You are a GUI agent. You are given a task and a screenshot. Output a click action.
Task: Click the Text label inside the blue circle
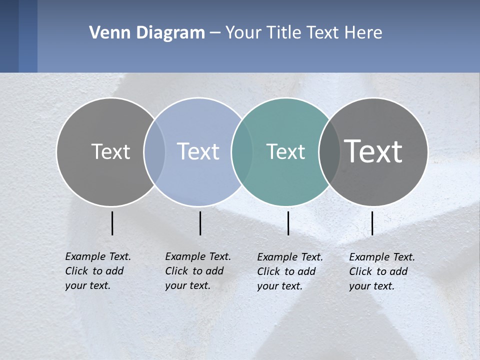[198, 151]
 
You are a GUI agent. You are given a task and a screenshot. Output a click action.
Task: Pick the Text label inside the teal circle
[285, 151]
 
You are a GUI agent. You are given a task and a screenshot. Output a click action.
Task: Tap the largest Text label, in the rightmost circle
[373, 151]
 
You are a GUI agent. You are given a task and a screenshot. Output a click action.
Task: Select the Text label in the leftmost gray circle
[110, 151]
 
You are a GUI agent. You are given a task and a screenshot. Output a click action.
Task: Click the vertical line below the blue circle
[200, 223]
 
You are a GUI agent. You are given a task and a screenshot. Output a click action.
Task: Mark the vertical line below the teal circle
[288, 223]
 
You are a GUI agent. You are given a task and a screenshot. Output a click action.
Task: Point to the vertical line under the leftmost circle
[112, 223]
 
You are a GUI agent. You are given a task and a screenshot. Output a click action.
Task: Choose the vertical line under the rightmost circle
[372, 223]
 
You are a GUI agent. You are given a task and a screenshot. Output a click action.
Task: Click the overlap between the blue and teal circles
[242, 151]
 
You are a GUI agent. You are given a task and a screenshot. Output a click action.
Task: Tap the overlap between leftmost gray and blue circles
[154, 151]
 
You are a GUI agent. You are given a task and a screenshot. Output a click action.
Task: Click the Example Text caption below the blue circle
[197, 271]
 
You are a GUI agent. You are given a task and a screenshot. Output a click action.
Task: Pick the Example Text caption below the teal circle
[289, 271]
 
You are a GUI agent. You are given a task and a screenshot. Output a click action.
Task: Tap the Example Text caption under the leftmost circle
[97, 271]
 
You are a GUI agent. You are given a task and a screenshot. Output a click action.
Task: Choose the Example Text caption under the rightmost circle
[381, 271]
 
